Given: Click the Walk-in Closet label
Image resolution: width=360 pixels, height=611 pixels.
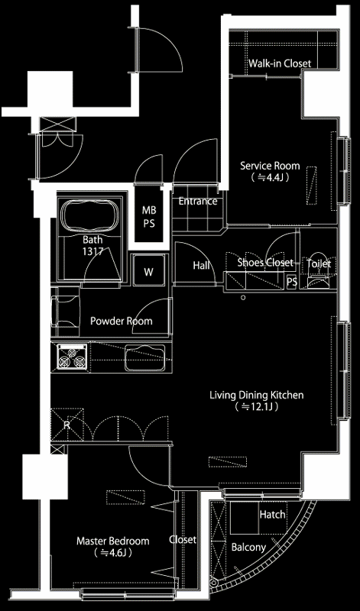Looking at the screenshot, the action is [x=280, y=63].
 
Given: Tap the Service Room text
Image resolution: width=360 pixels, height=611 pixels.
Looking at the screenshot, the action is [x=270, y=166].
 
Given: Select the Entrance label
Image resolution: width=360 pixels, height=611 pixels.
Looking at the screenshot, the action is [x=198, y=202].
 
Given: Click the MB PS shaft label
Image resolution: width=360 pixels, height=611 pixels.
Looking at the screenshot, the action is [x=148, y=217].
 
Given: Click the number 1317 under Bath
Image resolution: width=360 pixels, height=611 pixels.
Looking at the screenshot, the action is [x=92, y=251].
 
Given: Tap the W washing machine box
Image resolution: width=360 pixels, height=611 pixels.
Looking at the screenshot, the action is [x=148, y=272].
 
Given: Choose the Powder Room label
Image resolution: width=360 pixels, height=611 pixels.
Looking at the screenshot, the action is [x=122, y=322].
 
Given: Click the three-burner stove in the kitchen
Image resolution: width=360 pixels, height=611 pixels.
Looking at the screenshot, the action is [x=72, y=357].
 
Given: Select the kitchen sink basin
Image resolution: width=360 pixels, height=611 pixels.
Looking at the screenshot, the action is [x=144, y=358].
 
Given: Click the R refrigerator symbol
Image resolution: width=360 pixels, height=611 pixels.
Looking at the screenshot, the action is [x=66, y=425].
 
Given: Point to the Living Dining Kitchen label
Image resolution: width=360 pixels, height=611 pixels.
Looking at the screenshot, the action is [x=257, y=395].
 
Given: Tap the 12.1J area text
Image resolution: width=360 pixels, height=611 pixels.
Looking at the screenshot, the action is [x=256, y=407].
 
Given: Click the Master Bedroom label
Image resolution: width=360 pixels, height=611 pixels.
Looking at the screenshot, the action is [x=112, y=541].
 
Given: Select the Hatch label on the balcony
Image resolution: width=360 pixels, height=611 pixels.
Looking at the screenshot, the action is [x=272, y=515].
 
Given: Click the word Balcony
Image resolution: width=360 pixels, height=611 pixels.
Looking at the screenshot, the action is [x=248, y=548].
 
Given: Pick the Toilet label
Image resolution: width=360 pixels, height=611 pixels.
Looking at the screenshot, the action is [x=319, y=263].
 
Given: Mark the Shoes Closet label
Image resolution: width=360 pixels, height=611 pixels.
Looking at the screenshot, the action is [x=265, y=263].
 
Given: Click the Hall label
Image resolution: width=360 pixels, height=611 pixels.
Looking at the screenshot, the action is [x=201, y=265].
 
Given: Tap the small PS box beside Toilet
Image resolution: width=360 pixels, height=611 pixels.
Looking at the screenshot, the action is [x=291, y=282].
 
